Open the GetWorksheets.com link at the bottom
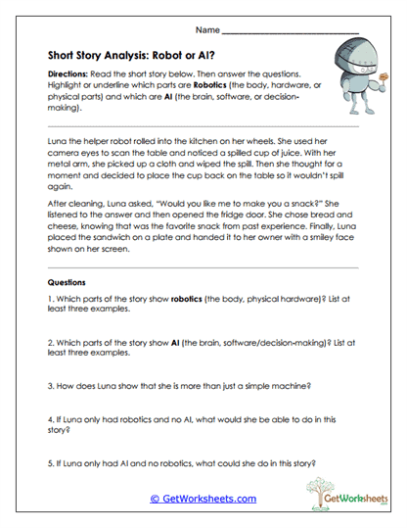203,498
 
